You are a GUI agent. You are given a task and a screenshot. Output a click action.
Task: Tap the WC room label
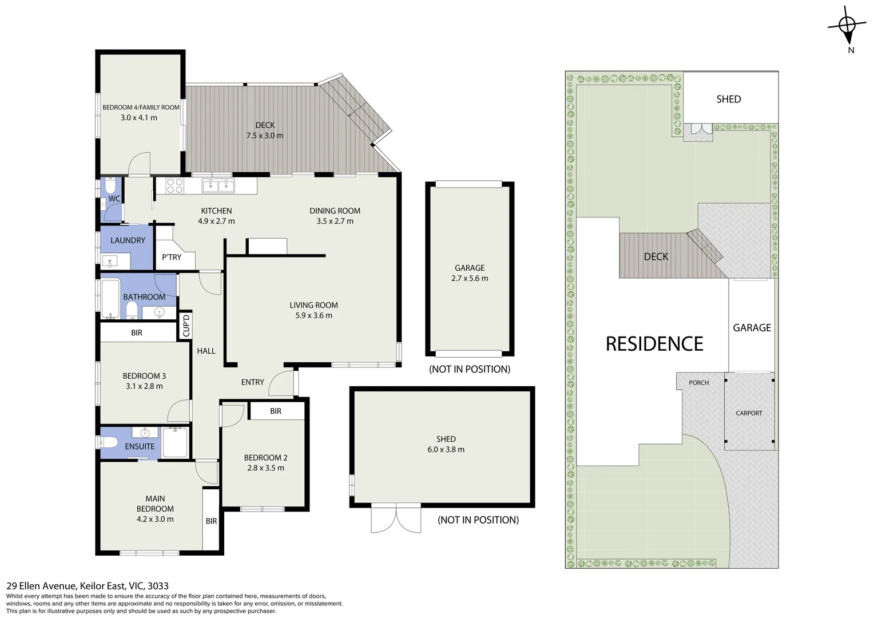pos(114,199)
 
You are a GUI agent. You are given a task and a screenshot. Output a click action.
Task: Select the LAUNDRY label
pos(128,240)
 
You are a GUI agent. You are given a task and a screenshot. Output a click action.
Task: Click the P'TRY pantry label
pos(172,257)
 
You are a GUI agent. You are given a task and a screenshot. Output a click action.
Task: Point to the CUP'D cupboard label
pos(185,326)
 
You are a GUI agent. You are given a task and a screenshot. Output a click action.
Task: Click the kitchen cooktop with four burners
pos(174,185)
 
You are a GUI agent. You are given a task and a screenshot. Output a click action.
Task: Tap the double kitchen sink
pos(218,185)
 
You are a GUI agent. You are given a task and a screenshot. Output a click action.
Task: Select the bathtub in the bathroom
pos(110,298)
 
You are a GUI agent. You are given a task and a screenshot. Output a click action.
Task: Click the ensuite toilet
pos(109,442)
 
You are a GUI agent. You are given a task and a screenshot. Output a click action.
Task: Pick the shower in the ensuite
pos(174,442)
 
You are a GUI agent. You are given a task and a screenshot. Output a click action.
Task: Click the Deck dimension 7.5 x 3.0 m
pos(265,136)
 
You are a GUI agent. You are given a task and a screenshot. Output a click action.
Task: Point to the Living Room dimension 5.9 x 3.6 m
pos(313,315)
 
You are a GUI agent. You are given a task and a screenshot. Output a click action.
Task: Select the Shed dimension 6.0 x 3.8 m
pos(446,450)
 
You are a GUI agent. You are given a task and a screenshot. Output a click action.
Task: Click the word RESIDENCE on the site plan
pos(654,344)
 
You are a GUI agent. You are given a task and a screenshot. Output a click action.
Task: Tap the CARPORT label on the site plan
pos(749,413)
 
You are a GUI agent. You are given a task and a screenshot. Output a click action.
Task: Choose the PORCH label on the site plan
pos(698,383)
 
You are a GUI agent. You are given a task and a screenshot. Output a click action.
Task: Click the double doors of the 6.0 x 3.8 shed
pos(396,520)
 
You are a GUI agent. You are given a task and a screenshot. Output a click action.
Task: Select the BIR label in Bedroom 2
pos(276,411)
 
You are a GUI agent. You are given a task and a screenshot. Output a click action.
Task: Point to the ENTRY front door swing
pos(281,383)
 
